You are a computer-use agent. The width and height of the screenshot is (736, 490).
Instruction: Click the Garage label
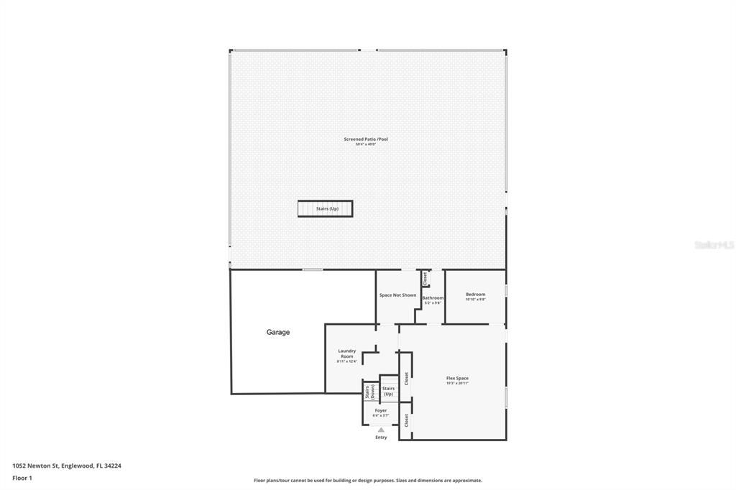tap(278, 333)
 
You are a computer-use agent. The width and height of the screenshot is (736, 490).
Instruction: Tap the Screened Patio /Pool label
tap(366, 139)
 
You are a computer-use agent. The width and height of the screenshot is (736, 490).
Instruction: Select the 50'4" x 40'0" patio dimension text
tap(366, 144)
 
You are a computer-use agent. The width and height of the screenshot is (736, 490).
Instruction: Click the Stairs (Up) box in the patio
tap(326, 208)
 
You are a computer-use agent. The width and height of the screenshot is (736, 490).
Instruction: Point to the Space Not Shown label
tap(397, 295)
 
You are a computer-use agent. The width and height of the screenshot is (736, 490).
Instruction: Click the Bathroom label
tap(433, 297)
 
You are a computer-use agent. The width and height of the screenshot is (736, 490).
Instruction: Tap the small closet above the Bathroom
tap(425, 277)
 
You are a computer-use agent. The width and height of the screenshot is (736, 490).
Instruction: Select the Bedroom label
tap(475, 294)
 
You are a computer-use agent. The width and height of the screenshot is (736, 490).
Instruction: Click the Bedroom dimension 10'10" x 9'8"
tap(475, 300)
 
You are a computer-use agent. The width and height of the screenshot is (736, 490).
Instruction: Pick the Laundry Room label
tap(347, 353)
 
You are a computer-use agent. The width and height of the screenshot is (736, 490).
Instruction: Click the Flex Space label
tap(457, 378)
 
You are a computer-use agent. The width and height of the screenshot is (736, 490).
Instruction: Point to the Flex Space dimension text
tap(457, 384)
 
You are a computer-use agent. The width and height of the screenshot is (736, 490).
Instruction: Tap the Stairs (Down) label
tap(369, 392)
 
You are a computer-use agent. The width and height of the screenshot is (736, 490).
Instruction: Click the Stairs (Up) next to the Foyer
tap(388, 391)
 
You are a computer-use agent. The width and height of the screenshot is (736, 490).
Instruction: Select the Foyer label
tap(380, 410)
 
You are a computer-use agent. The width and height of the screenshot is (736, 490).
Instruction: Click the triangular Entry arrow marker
tap(381, 430)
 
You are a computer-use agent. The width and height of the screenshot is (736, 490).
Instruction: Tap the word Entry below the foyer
tap(381, 438)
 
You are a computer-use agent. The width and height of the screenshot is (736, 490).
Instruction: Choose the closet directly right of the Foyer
tap(406, 420)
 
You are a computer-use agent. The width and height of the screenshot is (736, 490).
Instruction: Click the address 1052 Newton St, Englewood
tap(67, 466)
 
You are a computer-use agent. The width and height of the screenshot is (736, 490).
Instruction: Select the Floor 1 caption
tap(22, 478)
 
